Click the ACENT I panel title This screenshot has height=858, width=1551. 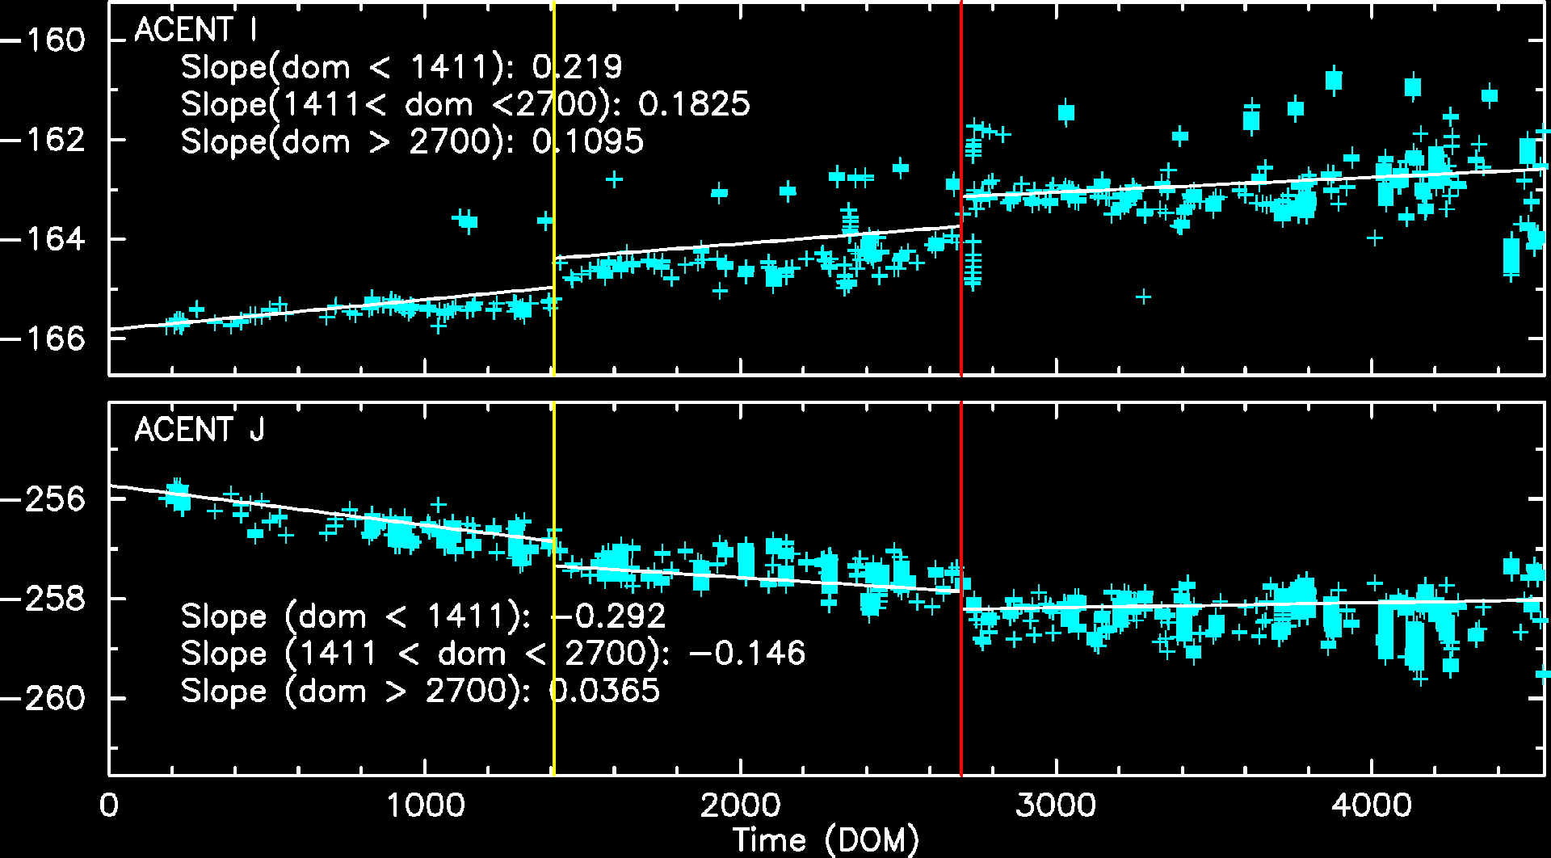click(196, 31)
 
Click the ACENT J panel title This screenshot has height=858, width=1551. click(200, 430)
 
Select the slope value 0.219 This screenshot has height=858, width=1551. click(578, 67)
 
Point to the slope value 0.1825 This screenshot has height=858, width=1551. click(694, 104)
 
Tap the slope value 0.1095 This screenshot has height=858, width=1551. click(588, 141)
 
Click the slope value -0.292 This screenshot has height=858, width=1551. click(608, 616)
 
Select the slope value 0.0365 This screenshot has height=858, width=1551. click(604, 691)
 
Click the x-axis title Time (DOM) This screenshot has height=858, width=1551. click(826, 840)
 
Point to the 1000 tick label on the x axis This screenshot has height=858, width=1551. click(425, 805)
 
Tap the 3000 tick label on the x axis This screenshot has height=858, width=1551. click(1056, 805)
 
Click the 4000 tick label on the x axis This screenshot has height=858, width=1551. click(1372, 805)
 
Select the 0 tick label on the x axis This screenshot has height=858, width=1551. click(109, 805)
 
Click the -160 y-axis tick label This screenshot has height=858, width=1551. click(44, 40)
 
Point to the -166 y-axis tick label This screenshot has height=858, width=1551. click(44, 339)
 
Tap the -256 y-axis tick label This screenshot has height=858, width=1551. click(44, 499)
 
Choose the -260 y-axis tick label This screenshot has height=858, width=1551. click(44, 698)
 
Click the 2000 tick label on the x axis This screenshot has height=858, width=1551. click(740, 805)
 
